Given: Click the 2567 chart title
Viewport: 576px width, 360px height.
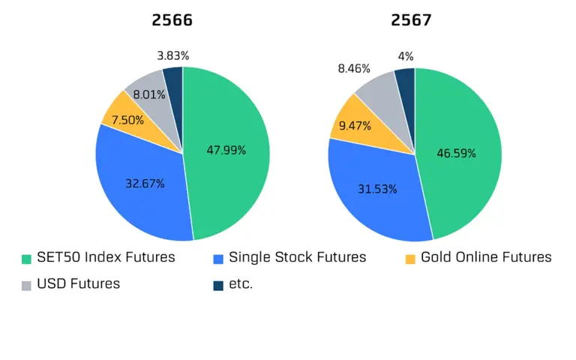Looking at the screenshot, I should [411, 20].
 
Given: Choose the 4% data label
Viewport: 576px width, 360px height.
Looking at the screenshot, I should [405, 56].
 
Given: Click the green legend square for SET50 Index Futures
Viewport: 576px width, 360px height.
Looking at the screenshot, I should [26, 259].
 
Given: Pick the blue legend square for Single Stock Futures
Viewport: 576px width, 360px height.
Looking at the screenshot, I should [218, 259].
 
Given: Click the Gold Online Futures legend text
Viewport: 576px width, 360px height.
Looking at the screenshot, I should [486, 257].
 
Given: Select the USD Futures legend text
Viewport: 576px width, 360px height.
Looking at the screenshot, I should [79, 283].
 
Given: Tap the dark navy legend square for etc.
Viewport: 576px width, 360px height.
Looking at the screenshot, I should [218, 285].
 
